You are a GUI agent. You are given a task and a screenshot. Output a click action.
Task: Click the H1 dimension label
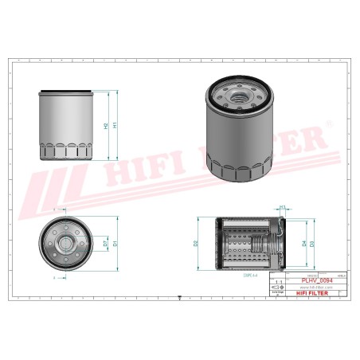(x=116, y=125)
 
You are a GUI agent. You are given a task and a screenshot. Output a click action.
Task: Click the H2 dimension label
(x=106, y=126)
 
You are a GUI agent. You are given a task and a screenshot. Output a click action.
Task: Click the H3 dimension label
(x=282, y=207)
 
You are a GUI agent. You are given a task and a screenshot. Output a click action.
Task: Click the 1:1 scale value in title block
(x=277, y=282)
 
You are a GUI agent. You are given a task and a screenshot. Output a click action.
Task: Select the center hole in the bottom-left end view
(x=65, y=242)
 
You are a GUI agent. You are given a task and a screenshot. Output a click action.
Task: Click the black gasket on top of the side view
(x=65, y=91)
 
